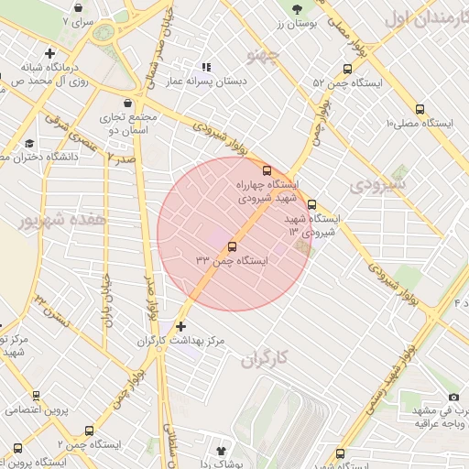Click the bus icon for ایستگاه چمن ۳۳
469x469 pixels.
[x=231, y=246]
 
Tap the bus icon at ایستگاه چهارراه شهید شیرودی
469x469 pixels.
[x=267, y=170]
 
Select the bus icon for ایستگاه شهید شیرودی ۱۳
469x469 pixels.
[x=311, y=204]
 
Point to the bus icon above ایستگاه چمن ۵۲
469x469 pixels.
[x=346, y=69]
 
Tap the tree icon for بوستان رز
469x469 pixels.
[x=296, y=9]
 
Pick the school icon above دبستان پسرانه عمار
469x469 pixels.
[x=207, y=67]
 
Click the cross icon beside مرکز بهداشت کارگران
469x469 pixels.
[x=180, y=326]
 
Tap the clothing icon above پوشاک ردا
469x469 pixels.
[x=221, y=451]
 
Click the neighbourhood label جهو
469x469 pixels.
[x=262, y=56]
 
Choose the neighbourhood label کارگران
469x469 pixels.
[x=266, y=358]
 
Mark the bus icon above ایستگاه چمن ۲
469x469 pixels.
[x=89, y=431]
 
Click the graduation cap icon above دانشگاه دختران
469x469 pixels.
[x=29, y=144]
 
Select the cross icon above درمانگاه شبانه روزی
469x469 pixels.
[x=49, y=54]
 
